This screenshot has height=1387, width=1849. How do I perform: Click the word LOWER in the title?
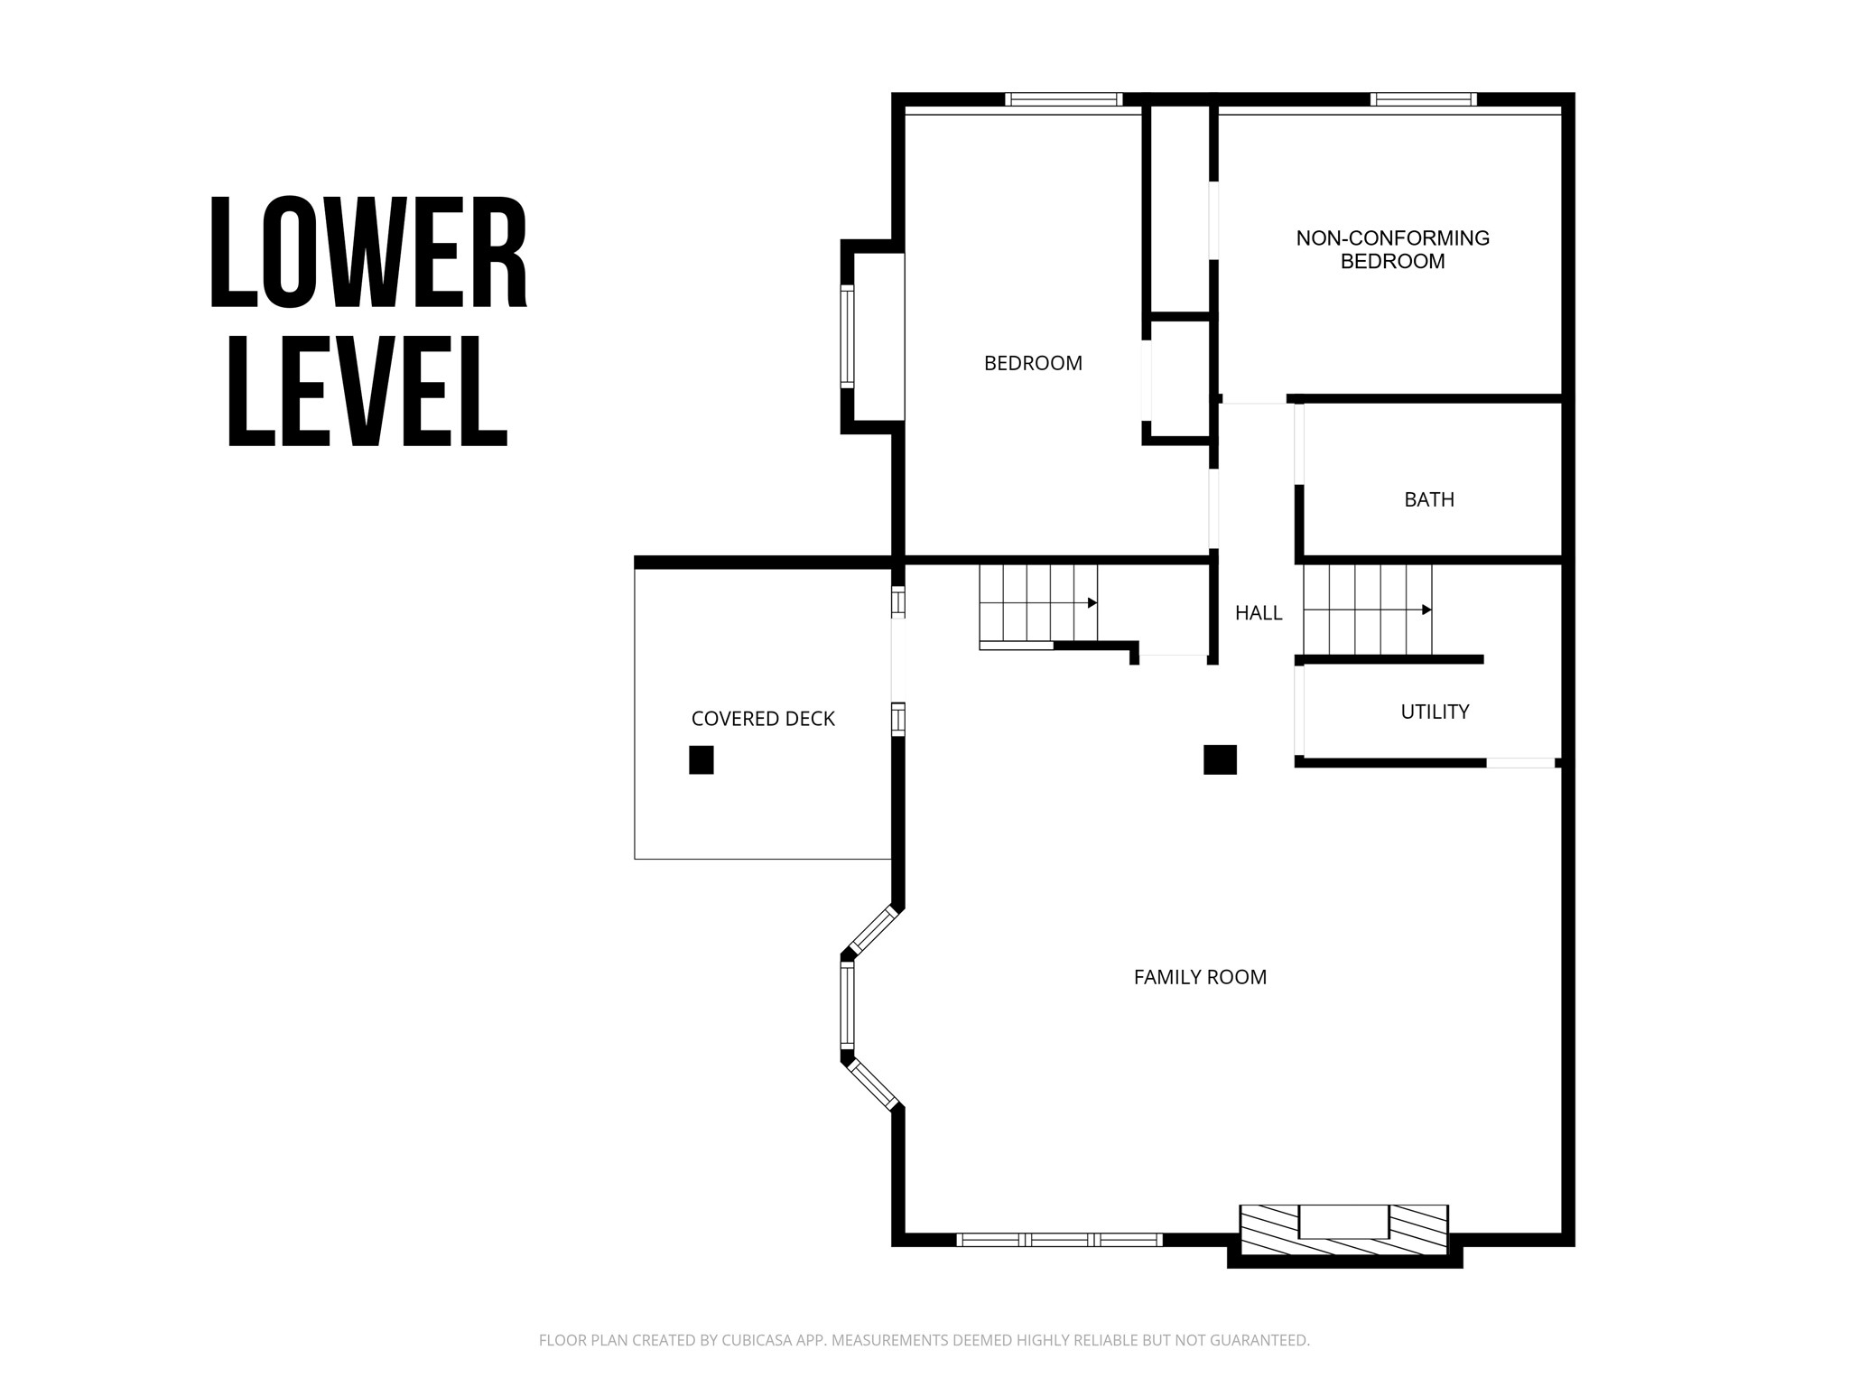pyautogui.click(x=368, y=253)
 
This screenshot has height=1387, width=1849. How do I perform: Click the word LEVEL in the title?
pyautogui.click(x=368, y=390)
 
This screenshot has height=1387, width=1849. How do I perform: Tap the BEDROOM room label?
pyautogui.click(x=1033, y=363)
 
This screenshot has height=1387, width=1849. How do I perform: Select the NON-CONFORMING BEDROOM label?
pyautogui.click(x=1392, y=250)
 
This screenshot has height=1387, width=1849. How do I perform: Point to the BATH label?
pyautogui.click(x=1429, y=499)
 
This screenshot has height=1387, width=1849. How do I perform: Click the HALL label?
pyautogui.click(x=1259, y=613)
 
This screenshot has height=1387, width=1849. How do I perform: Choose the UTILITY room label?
pyautogui.click(x=1435, y=712)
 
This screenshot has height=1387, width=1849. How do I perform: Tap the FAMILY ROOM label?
pyautogui.click(x=1200, y=977)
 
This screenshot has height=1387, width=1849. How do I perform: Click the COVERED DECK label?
pyautogui.click(x=763, y=719)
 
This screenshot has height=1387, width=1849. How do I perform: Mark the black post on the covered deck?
pyautogui.click(x=702, y=759)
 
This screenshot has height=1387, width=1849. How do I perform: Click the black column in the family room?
pyautogui.click(x=1220, y=759)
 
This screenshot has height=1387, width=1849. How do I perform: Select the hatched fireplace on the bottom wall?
pyautogui.click(x=1344, y=1229)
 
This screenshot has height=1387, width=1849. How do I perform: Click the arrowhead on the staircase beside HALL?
pyautogui.click(x=1426, y=610)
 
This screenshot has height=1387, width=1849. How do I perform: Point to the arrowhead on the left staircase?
pyautogui.click(x=1092, y=602)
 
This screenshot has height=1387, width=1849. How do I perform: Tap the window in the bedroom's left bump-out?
pyautogui.click(x=848, y=337)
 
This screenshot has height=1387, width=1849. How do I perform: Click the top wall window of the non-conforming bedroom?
pyautogui.click(x=1424, y=99)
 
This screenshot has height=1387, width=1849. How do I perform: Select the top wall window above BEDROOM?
pyautogui.click(x=1064, y=99)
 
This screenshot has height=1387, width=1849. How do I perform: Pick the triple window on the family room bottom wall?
pyautogui.click(x=1059, y=1240)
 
